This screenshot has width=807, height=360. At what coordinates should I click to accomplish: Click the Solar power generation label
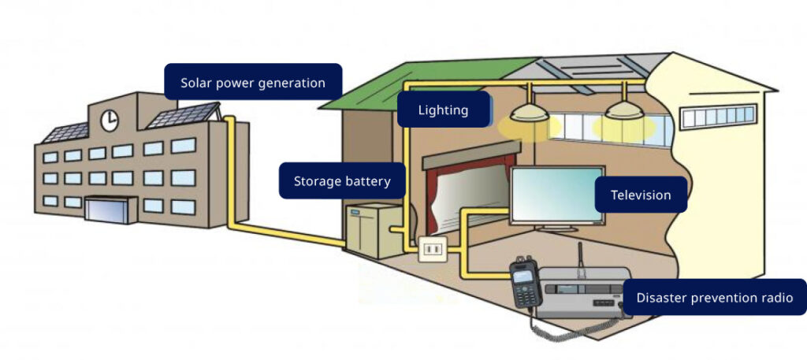(252, 83)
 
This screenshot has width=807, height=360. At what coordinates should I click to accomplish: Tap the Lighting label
(443, 110)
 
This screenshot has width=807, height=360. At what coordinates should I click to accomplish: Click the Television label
(641, 195)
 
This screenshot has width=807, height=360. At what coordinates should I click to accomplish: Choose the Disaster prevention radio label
(715, 298)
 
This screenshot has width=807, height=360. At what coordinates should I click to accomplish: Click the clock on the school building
(110, 120)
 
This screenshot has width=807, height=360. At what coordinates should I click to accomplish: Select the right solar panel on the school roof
(184, 116)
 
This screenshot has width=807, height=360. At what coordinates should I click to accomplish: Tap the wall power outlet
(431, 250)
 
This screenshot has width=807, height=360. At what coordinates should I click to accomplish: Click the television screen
(556, 197)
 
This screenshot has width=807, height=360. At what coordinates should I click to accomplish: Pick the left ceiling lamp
(529, 111)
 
